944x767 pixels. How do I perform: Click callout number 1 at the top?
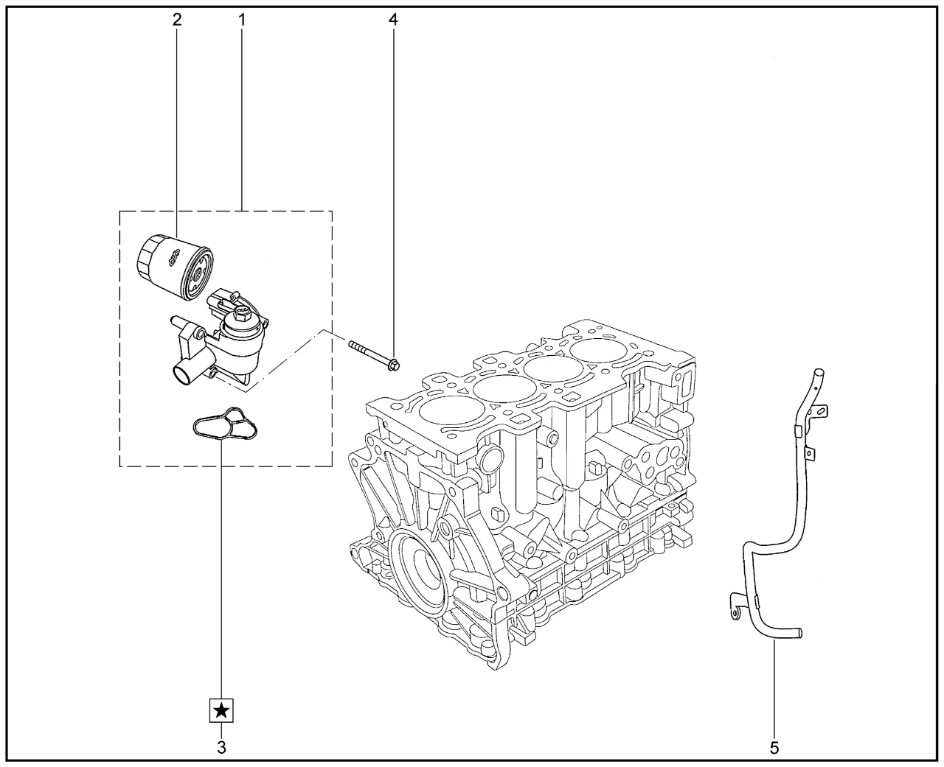point(241,20)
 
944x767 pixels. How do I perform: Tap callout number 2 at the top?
point(176,20)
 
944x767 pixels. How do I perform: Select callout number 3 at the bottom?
point(221,747)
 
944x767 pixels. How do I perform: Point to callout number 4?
point(392,20)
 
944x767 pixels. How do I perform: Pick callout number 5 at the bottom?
point(774,747)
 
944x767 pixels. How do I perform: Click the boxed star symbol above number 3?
point(221,711)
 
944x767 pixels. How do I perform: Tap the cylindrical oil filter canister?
point(176,266)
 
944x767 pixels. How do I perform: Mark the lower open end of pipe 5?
point(799,632)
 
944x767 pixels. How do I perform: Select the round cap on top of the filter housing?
point(241,318)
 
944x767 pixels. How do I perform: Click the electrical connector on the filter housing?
point(222,301)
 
